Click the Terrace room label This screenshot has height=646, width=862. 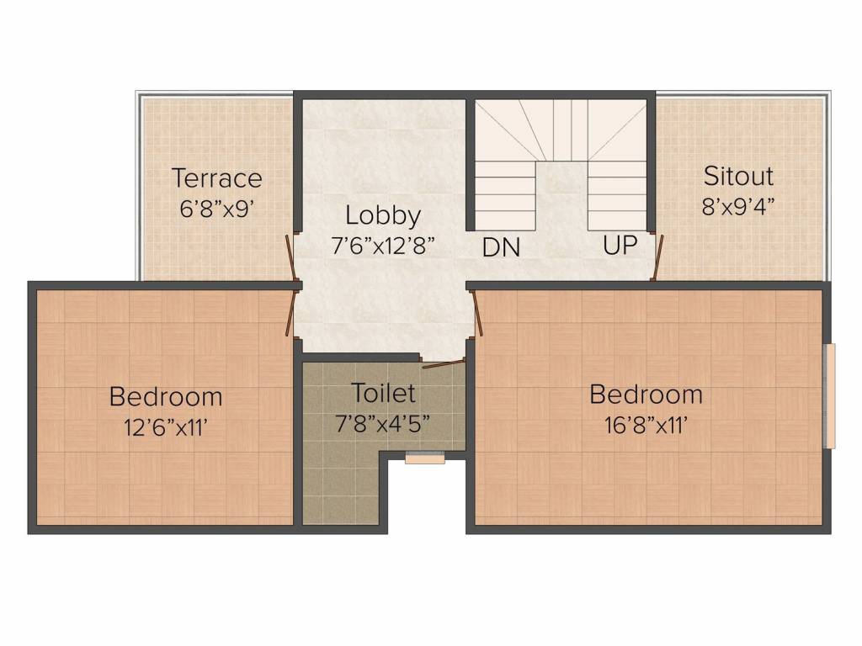[217, 178]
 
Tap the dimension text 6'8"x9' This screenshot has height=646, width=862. [216, 209]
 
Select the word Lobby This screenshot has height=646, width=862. [383, 215]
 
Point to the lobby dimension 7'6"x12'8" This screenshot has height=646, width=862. [383, 246]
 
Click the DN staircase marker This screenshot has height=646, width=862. [501, 248]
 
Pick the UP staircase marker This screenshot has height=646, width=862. [620, 245]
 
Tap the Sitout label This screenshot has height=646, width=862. [738, 176]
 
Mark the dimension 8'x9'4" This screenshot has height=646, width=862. [738, 207]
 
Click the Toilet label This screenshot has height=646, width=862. [383, 393]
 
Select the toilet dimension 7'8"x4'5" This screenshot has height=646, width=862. [383, 424]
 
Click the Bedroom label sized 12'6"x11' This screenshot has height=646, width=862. [166, 397]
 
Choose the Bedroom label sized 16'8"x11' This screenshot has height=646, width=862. [646, 394]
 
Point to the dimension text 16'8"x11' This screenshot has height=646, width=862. [646, 425]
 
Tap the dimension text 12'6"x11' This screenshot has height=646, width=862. [166, 427]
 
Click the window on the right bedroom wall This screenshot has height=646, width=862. [831, 395]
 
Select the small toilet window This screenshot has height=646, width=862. [425, 457]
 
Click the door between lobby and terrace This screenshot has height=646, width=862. [291, 257]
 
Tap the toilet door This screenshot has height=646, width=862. [444, 363]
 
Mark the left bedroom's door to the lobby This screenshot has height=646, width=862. [291, 313]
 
